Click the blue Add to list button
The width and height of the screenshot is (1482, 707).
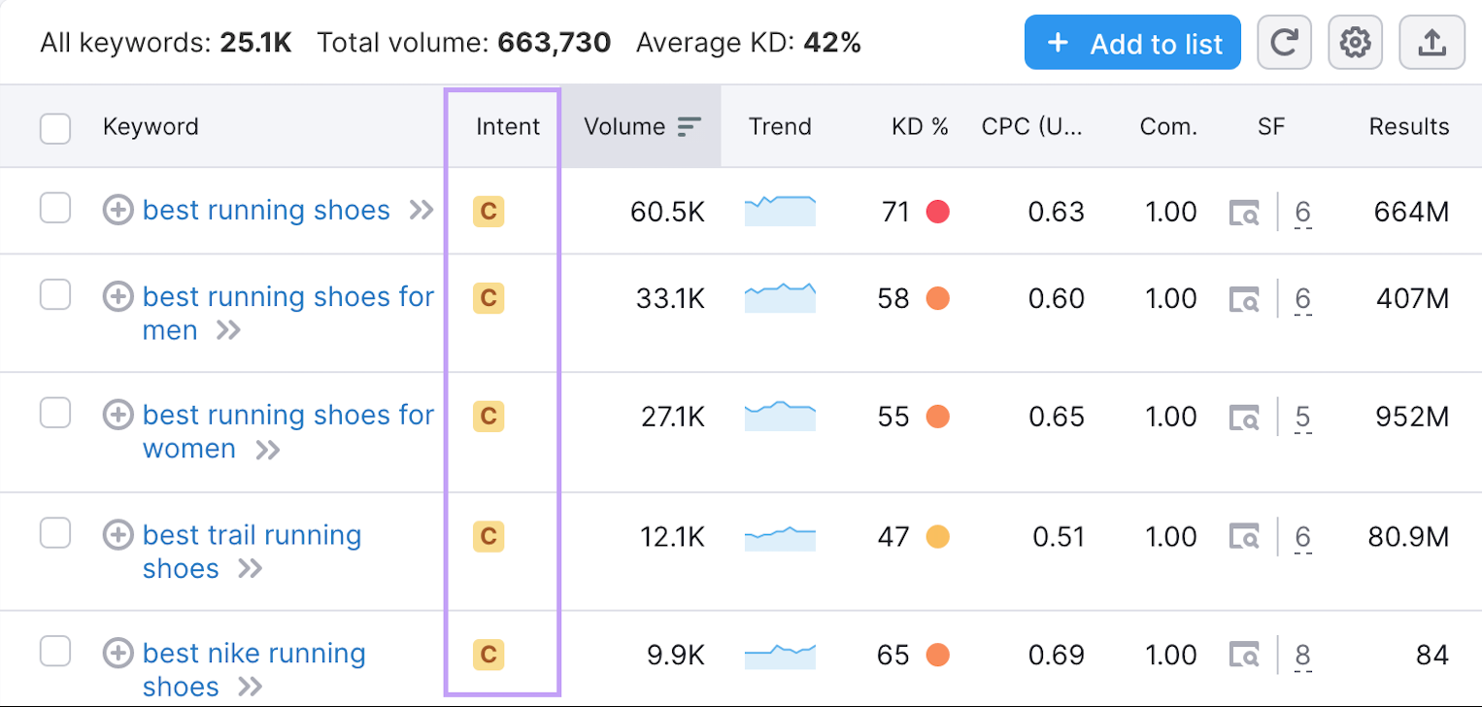1132,43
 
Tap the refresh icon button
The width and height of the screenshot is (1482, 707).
1284,43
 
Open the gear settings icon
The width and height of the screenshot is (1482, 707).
1355,43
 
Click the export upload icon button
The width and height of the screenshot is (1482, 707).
1431,43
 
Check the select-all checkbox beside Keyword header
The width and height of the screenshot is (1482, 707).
55,127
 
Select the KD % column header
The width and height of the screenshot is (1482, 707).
919,127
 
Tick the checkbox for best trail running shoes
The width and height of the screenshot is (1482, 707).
55,532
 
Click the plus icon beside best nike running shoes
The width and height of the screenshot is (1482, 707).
118,653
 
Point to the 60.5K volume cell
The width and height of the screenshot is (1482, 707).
667,212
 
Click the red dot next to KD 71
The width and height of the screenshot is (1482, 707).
937,212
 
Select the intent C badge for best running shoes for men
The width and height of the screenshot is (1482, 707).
488,297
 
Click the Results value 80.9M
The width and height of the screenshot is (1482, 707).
1408,536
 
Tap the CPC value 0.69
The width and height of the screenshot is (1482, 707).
1056,655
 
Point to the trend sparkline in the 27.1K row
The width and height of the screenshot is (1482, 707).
780,416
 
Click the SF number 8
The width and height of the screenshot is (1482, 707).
1302,655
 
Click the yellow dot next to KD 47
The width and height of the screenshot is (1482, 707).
937,536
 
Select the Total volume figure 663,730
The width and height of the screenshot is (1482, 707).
554,43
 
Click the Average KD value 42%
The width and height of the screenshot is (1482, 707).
831,43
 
